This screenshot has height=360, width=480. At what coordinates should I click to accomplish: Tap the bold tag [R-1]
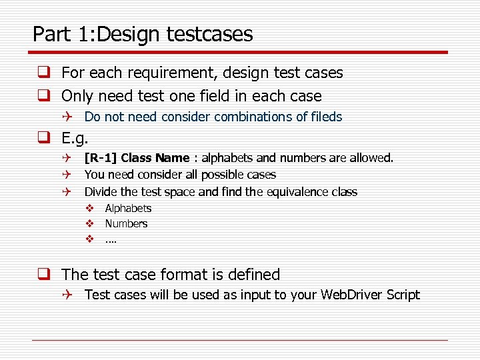(x=101, y=158)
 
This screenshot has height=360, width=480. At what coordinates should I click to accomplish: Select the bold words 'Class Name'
(x=155, y=158)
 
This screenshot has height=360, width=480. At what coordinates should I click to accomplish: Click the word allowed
(x=373, y=158)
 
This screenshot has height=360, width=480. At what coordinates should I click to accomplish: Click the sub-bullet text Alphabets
(x=128, y=209)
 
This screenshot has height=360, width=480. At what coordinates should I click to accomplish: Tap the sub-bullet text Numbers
(x=126, y=224)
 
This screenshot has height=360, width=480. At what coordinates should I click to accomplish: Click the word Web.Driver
(x=351, y=295)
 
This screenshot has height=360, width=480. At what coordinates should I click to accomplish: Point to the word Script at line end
(x=403, y=295)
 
